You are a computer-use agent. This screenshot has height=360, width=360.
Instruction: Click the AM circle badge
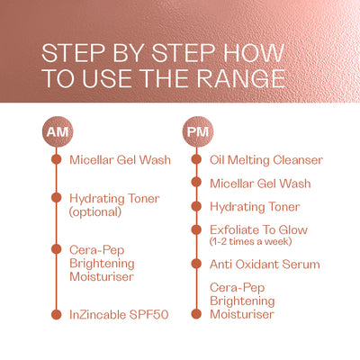tap(58, 131)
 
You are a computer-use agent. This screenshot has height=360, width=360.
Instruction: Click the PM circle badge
tap(198, 131)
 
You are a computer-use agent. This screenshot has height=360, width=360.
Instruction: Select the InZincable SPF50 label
tap(119, 315)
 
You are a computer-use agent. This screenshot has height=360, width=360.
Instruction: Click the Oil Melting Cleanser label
tap(266, 160)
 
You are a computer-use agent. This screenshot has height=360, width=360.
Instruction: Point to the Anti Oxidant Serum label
tap(265, 265)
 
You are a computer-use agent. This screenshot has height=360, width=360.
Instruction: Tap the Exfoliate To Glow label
tap(259, 229)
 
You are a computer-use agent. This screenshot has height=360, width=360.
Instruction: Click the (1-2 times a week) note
tap(250, 241)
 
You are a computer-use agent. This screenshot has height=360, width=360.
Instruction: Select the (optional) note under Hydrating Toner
tap(95, 212)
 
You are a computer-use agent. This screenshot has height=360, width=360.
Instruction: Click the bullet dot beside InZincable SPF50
tap(56, 314)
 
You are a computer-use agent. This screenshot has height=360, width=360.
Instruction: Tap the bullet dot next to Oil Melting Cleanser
tap(196, 159)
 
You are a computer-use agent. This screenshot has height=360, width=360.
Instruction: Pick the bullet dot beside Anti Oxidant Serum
tap(196, 264)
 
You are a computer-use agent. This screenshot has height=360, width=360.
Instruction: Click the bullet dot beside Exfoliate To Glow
tap(196, 229)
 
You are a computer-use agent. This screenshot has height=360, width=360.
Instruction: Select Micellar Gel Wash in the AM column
tap(120, 160)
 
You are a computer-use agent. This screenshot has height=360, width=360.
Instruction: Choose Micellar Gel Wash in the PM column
tap(260, 184)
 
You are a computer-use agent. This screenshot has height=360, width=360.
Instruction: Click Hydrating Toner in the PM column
tap(255, 207)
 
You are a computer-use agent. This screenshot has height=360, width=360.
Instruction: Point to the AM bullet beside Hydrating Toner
tap(56, 198)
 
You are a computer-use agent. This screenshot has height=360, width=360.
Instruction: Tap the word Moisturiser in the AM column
tap(102, 276)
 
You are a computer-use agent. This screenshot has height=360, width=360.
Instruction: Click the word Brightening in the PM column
tap(242, 301)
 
